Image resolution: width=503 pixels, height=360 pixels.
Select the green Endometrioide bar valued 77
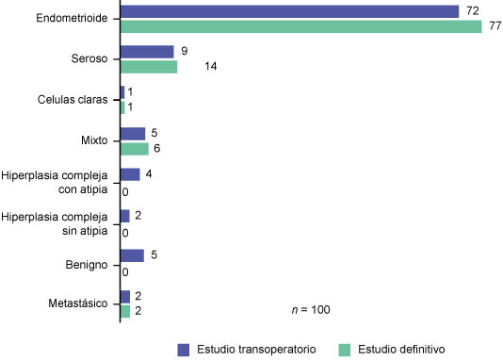tap(301, 25)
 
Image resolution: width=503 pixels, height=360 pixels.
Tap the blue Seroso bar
tap(147, 52)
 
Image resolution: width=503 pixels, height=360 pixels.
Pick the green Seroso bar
tap(149, 67)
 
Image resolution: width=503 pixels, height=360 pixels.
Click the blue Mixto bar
tap(133, 134)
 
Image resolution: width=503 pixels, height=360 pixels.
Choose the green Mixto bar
tap(135, 149)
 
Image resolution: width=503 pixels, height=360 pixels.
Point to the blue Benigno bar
tap(132, 255)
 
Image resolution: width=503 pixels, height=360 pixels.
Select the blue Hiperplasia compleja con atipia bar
tap(130, 174)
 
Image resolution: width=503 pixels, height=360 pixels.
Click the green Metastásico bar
tap(125, 311)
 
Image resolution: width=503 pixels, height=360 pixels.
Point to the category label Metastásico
tap(82, 303)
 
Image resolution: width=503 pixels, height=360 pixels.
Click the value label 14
tap(197, 68)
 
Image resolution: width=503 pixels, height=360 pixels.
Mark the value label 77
tap(491, 26)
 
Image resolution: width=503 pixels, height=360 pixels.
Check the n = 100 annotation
tap(310, 309)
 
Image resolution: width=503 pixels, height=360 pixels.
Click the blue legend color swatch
tap(185, 349)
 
